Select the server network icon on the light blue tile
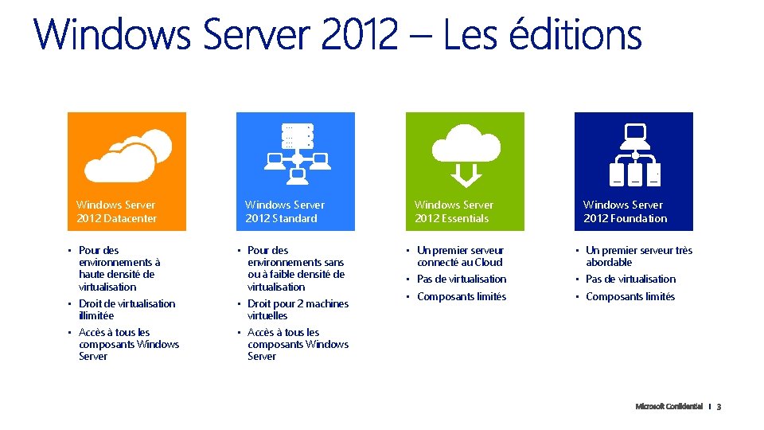click(x=296, y=149)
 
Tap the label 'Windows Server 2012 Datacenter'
click(x=117, y=212)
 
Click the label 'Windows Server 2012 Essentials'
click(x=454, y=212)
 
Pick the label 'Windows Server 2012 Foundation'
click(x=625, y=212)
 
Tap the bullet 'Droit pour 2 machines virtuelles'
click(x=298, y=309)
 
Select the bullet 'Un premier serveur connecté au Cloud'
click(x=461, y=256)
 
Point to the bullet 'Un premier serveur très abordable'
click(x=638, y=256)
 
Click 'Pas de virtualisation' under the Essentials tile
click(x=462, y=279)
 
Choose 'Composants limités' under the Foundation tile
click(x=630, y=296)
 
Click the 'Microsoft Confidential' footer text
click(x=668, y=406)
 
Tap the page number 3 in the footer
click(x=719, y=407)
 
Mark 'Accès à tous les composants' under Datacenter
click(x=127, y=344)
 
